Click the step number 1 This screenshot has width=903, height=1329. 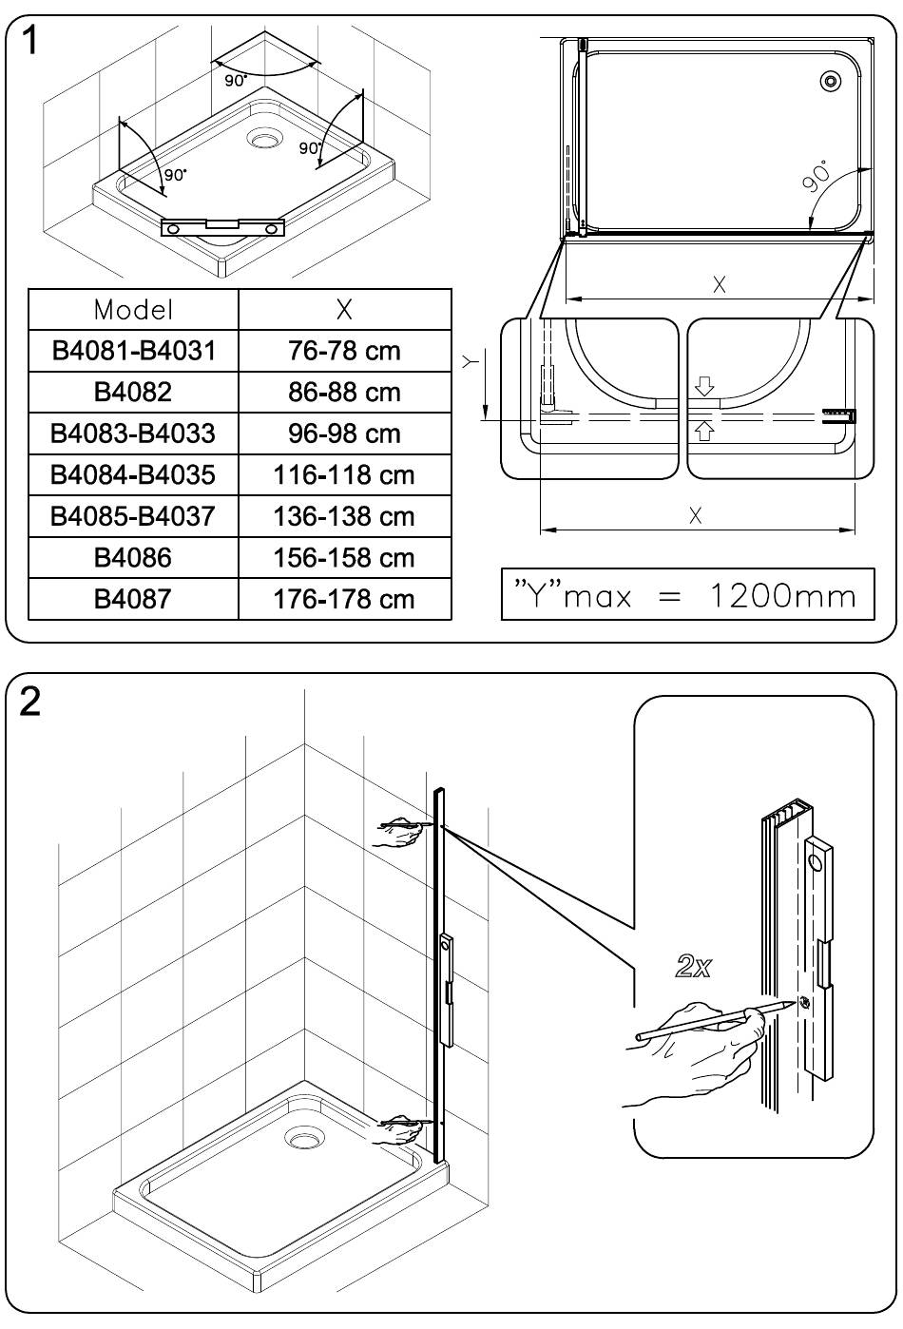coord(29,42)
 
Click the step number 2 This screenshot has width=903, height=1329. coord(29,702)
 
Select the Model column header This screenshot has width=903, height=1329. coord(133,310)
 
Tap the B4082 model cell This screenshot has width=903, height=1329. coord(133,393)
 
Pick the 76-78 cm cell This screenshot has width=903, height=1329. coord(344,351)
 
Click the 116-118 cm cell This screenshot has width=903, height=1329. coord(344,474)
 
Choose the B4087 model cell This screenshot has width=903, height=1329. coord(133,599)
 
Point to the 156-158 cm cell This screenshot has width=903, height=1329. coord(344,557)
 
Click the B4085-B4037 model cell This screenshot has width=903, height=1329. coord(133,515)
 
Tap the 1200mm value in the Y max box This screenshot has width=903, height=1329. coord(783,595)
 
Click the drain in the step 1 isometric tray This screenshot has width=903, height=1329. coord(263,139)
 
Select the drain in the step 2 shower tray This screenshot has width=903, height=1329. coord(304,1138)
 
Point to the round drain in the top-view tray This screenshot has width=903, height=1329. coord(830,81)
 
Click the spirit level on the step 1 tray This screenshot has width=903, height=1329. coord(223,226)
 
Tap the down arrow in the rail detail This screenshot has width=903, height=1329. coord(704,386)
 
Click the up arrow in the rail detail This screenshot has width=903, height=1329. coord(703,430)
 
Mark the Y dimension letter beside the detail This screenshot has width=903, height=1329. coord(470,360)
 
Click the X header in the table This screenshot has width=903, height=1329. coord(344,309)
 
